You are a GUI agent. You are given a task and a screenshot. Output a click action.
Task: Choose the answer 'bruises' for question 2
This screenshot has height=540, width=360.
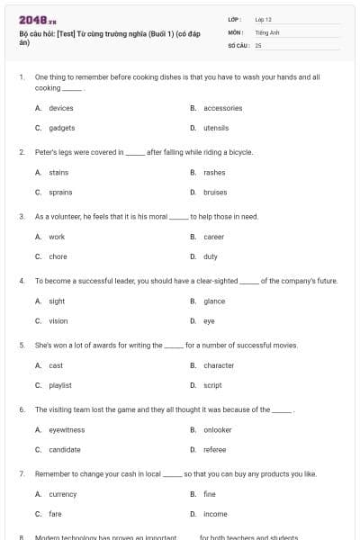(x=215, y=192)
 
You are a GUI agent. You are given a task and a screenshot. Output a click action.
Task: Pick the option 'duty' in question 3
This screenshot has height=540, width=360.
(x=210, y=256)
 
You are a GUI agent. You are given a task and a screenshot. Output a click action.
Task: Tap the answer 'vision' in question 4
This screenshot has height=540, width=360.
(x=58, y=320)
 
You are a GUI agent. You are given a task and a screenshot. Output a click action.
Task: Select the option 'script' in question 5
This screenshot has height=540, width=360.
(x=212, y=385)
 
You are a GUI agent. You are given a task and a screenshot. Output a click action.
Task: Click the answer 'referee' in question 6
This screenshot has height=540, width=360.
(x=214, y=449)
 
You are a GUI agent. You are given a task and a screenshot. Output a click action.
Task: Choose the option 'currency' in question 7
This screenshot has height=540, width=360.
(x=62, y=494)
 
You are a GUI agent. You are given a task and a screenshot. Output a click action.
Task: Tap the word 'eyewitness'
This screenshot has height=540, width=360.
(x=67, y=429)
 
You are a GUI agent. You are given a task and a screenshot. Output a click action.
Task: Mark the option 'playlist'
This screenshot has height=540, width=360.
(x=60, y=385)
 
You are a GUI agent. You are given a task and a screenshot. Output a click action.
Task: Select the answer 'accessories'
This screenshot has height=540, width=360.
(x=222, y=108)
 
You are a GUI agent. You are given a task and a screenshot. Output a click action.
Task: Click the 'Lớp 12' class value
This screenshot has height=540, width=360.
(x=263, y=19)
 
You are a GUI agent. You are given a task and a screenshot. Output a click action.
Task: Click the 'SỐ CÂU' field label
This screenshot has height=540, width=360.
(x=238, y=45)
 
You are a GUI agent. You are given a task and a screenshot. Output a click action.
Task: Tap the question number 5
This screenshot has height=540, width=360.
(x=22, y=345)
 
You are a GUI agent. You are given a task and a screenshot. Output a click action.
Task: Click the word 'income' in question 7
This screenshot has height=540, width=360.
(x=215, y=514)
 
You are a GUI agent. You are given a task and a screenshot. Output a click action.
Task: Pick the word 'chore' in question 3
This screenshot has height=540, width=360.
(x=57, y=256)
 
